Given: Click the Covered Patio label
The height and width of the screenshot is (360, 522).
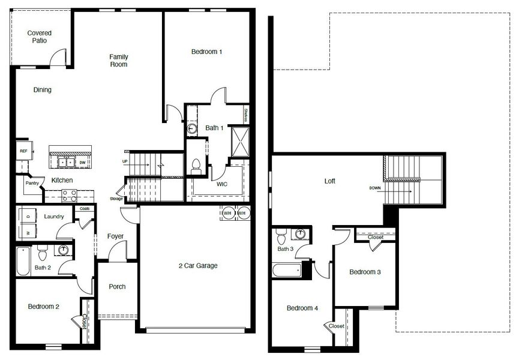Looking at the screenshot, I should pyautogui.click(x=40, y=37).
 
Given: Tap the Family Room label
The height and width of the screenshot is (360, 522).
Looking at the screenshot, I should pyautogui.click(x=119, y=61).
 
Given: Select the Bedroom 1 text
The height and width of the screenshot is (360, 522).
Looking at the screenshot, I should pyautogui.click(x=207, y=52).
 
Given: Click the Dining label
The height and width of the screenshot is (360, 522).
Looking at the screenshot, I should pyautogui.click(x=42, y=90).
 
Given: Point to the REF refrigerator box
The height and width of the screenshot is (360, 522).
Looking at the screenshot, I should pyautogui.click(x=23, y=151).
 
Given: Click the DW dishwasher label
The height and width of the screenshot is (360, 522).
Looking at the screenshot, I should pyautogui.click(x=82, y=161).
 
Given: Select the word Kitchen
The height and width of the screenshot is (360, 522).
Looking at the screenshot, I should pyautogui.click(x=62, y=181).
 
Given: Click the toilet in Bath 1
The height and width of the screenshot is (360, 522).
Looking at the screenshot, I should pyautogui.click(x=195, y=166).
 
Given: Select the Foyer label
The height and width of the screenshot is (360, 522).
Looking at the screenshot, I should pyautogui.click(x=115, y=236).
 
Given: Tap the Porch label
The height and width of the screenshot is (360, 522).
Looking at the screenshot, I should pyautogui.click(x=117, y=287).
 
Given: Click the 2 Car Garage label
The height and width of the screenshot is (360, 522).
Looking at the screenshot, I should pyautogui.click(x=198, y=266).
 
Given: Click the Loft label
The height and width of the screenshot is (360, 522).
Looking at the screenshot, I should pyautogui.click(x=330, y=181).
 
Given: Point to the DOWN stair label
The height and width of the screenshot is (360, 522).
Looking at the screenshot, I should pyautogui.click(x=375, y=188).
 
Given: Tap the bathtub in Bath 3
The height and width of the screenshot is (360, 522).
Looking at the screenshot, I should pyautogui.click(x=286, y=270).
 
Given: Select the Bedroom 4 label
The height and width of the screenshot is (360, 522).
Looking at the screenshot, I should pyautogui.click(x=302, y=308).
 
